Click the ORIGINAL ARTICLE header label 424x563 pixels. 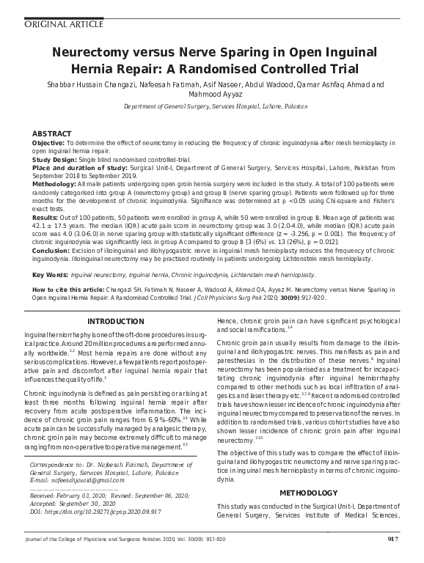click(x=45, y=23)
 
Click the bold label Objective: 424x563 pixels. click(x=49, y=143)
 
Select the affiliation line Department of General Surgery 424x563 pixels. click(x=212, y=106)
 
